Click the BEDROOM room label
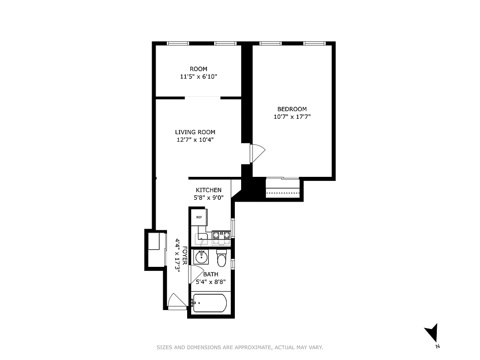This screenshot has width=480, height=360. tap(292, 109)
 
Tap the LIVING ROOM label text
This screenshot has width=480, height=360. tap(195, 132)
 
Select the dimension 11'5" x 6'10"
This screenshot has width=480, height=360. tap(198, 76)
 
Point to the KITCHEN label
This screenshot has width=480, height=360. tap(208, 190)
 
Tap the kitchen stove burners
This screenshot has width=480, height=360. tap(221, 234)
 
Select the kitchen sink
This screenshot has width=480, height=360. tap(201, 237)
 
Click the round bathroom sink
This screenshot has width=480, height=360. tap(201, 257)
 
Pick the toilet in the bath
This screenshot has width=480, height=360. tap(222, 259)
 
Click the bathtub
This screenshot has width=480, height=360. tap(209, 303)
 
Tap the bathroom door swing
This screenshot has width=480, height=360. tap(195, 274)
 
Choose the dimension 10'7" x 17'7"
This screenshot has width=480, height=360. tap(292, 117)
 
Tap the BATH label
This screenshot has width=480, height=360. tap(211, 274)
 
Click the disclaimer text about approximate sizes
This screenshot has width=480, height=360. tap(240, 347)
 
